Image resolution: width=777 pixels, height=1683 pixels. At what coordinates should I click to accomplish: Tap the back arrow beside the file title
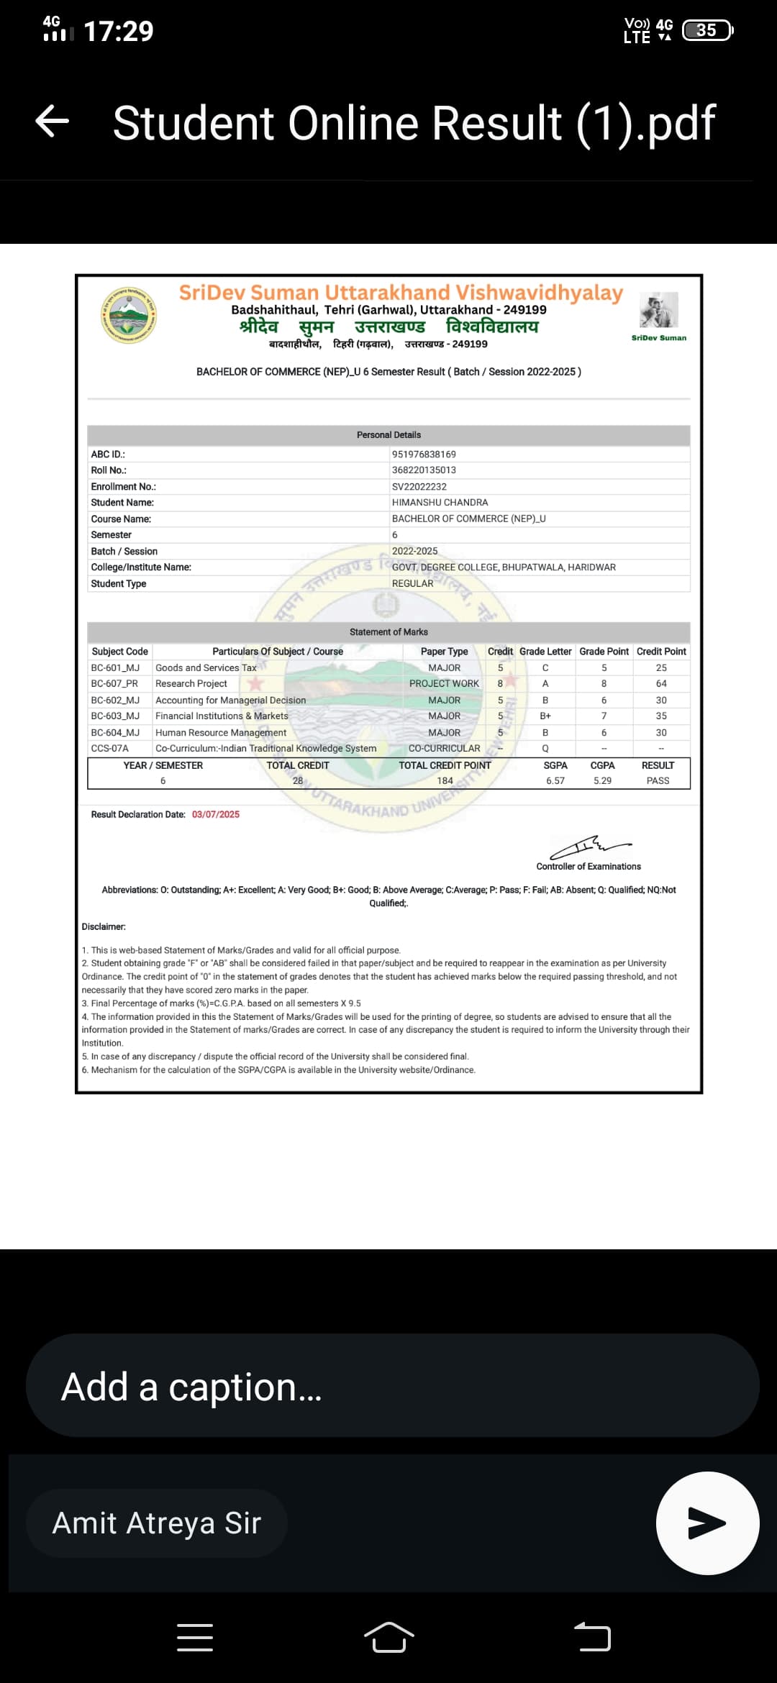point(53,121)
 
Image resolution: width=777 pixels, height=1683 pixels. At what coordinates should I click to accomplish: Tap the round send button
point(707,1523)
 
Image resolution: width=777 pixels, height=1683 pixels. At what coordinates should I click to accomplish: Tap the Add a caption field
point(392,1386)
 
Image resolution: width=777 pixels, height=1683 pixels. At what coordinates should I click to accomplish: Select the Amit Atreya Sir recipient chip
point(157,1523)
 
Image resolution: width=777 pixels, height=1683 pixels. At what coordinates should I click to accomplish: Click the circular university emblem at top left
point(129,314)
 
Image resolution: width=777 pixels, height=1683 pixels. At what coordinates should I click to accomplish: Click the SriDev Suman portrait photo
point(658,310)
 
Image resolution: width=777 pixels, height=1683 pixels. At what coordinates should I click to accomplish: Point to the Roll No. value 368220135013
point(424,470)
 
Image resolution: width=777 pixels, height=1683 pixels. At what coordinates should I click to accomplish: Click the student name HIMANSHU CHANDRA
point(440,503)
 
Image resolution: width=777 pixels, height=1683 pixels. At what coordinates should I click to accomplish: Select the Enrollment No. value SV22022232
point(419,487)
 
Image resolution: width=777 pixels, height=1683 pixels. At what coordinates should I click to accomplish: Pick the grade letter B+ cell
point(545,716)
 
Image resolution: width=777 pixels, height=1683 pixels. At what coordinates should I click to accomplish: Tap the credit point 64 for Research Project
point(661,684)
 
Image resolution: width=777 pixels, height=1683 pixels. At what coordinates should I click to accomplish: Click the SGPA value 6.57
point(555,781)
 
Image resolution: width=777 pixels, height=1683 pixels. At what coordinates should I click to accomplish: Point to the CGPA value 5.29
point(602,781)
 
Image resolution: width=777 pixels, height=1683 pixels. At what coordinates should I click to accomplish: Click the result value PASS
point(658,781)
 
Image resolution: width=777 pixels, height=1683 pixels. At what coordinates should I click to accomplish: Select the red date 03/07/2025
point(216,815)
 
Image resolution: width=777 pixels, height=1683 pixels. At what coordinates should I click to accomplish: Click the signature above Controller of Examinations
point(590,847)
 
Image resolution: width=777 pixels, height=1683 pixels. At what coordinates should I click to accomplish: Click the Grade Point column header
point(604,652)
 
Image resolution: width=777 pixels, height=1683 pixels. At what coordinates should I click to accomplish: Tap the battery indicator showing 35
point(706,30)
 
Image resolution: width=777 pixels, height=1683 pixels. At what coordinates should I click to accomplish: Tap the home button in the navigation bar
point(389,1638)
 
